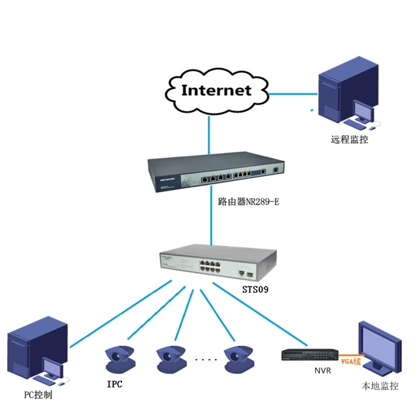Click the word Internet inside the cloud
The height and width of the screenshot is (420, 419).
[216, 90]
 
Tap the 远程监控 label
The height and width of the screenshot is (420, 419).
[350, 139]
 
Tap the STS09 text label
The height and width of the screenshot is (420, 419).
[255, 290]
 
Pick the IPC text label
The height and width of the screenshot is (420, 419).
[114, 384]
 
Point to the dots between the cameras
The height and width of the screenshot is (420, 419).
[205, 361]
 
